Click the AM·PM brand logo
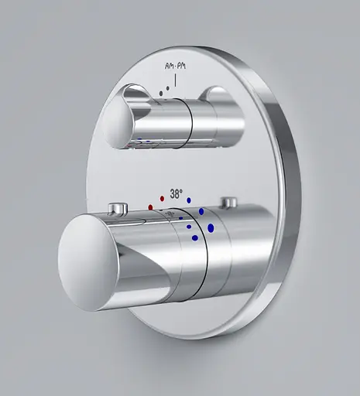175,67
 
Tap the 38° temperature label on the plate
177,194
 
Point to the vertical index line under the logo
176,80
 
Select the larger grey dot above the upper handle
161,94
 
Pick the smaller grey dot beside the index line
168,88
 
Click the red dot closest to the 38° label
162,199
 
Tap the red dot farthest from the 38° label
150,207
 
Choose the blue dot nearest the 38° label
189,200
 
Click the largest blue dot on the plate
211,228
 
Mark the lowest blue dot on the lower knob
195,237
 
